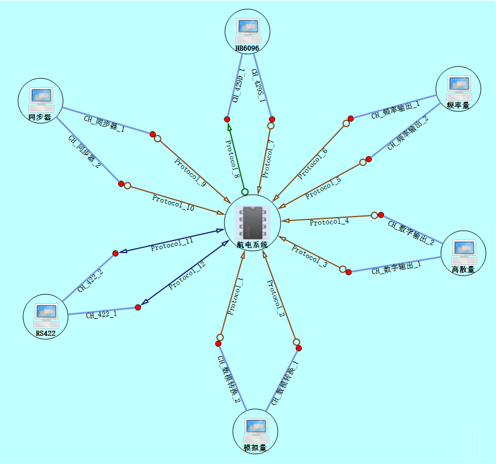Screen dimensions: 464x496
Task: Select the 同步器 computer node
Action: point(40,100)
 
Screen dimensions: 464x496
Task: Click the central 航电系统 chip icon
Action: point(252,222)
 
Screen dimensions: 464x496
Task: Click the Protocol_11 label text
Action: point(172,244)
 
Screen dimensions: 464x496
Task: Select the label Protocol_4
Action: point(329,222)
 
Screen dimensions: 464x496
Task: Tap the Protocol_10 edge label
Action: point(173,203)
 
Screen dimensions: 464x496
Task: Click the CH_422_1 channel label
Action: point(101,314)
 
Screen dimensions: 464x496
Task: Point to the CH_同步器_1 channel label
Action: point(104,124)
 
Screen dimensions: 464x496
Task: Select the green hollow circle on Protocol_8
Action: point(245,192)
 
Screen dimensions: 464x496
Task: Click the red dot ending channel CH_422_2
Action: point(115,253)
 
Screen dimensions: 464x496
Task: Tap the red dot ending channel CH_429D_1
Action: point(227,119)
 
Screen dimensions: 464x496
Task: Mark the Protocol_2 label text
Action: point(276,299)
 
